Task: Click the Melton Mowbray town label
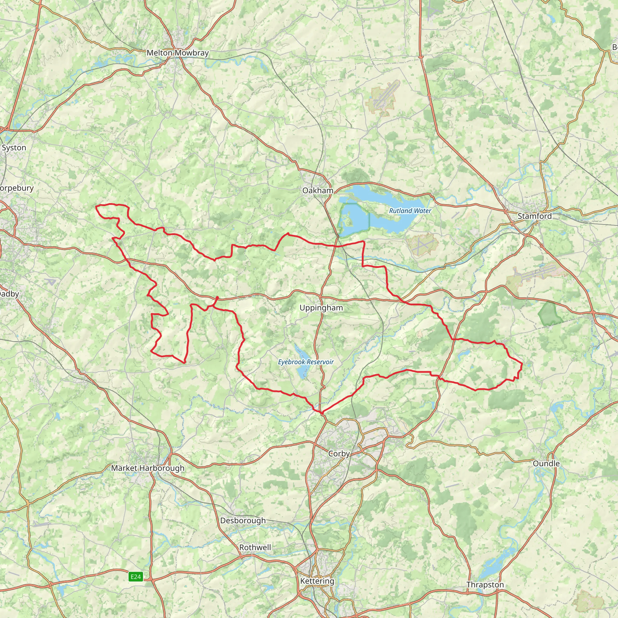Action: [177, 53]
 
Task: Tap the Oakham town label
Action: [318, 191]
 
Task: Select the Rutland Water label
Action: [410, 211]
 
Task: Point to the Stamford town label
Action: [534, 216]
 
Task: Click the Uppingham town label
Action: [321, 308]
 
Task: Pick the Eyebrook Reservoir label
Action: [305, 362]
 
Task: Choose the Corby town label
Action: [339, 454]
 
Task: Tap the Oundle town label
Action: [546, 463]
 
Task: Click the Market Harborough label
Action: [148, 468]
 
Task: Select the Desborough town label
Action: [243, 521]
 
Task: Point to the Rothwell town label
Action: [255, 548]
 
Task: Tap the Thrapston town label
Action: [485, 585]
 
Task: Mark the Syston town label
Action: [14, 148]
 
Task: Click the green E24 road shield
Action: [135, 577]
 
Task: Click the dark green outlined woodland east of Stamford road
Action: [550, 313]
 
